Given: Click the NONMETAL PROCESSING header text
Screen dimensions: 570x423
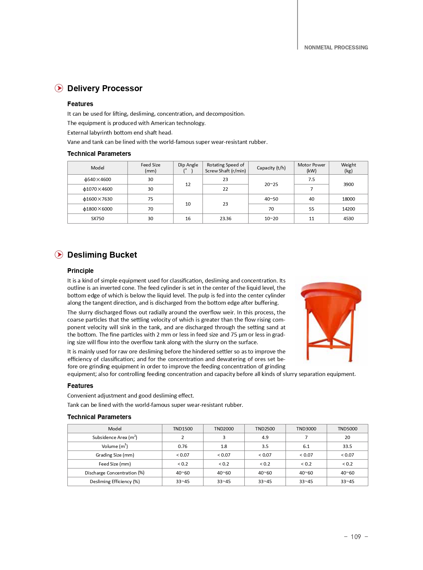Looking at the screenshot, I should point(336,47).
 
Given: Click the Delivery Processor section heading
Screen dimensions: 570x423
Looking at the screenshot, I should point(105,88).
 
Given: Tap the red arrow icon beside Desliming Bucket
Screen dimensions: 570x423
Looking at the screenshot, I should point(59,255).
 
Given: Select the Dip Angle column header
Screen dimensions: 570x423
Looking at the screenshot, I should point(188,168).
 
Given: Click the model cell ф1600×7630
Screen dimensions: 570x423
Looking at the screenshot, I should point(97,199).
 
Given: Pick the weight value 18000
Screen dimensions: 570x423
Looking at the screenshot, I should point(348,199).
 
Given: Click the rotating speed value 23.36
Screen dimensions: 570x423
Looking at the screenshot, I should point(225,219).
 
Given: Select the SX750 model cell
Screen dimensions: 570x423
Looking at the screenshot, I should point(97,219).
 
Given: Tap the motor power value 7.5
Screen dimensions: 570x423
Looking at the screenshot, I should point(311,179).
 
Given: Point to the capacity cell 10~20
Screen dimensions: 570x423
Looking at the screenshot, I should point(271,219).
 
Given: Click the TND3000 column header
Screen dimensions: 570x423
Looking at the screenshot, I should point(306,429).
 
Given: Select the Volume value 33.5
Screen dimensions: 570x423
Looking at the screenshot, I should point(347,446).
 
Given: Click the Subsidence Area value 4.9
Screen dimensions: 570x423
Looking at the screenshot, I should point(265,437).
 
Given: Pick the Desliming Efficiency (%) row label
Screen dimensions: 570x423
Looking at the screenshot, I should point(115,481).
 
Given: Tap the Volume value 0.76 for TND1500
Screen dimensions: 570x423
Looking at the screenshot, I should point(182,446).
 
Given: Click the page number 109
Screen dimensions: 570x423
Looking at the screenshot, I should point(355,537).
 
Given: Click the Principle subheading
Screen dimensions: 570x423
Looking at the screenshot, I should point(80,271).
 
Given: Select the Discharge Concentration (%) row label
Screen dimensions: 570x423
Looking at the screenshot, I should point(115,473).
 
